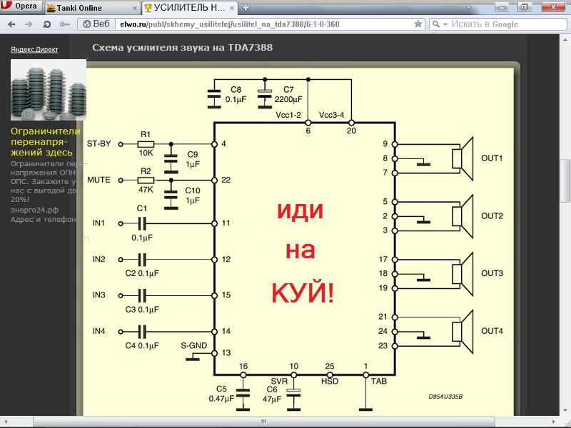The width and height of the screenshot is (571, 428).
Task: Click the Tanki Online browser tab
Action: (79, 8)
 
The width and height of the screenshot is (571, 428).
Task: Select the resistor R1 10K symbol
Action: (146, 143)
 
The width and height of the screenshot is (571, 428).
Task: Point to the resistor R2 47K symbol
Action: (146, 180)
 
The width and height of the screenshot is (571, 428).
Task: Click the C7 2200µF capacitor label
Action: (289, 94)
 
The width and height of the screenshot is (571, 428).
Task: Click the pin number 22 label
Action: (226, 180)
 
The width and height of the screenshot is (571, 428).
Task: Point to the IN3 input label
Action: (98, 295)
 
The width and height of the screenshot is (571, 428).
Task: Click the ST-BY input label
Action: (98, 143)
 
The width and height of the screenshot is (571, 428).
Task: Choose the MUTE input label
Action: (98, 180)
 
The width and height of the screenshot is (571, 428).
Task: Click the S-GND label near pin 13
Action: (193, 346)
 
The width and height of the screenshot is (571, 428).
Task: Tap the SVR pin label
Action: (279, 382)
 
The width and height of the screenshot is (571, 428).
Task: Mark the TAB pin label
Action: (378, 382)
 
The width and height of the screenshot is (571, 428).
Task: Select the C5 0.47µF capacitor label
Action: (221, 394)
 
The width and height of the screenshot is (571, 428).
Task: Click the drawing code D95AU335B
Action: (445, 397)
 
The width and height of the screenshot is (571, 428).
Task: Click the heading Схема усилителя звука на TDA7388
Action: (182, 48)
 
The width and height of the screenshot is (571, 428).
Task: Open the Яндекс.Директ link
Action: (34, 50)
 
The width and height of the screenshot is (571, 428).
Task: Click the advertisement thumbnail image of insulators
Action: (49, 90)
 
